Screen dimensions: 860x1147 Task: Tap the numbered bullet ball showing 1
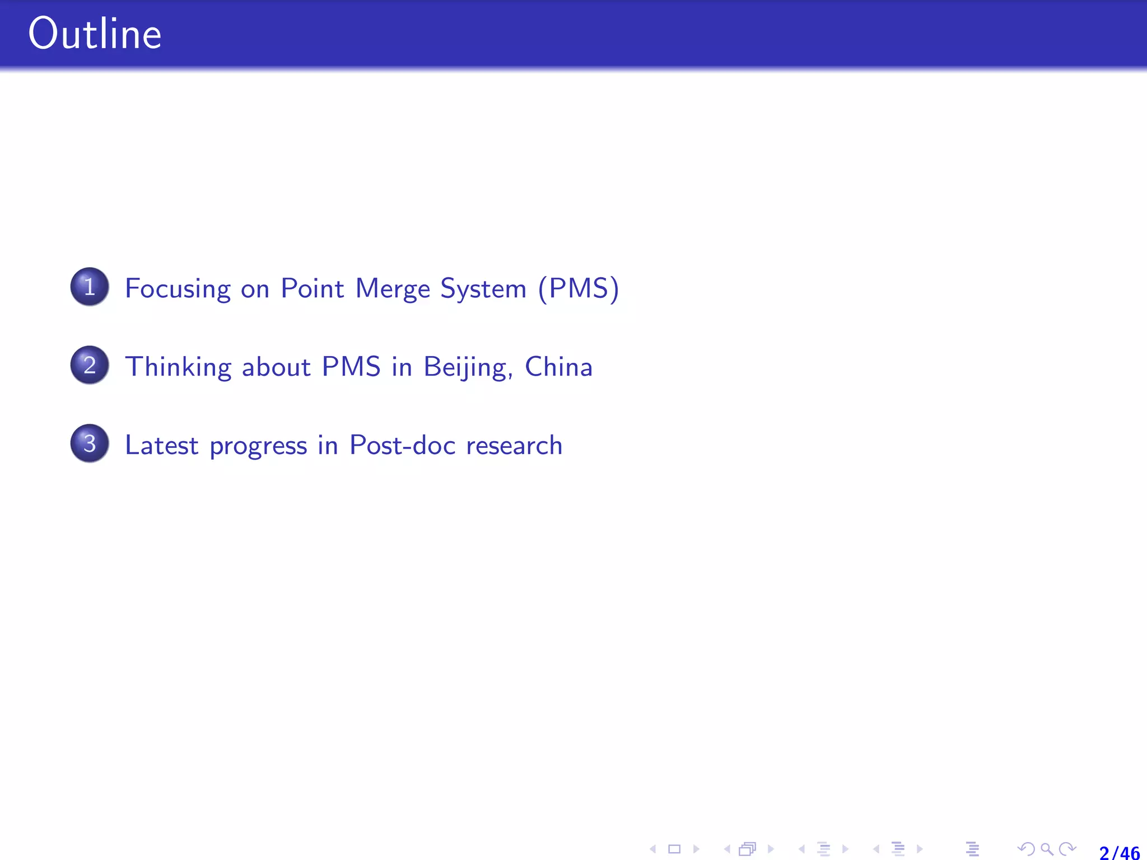(90, 287)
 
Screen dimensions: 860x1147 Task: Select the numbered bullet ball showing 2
(90, 365)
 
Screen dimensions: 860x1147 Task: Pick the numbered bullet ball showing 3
(90, 443)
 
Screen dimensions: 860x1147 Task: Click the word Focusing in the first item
(178, 289)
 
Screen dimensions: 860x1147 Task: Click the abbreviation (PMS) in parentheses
(578, 289)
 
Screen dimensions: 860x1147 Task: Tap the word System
(483, 289)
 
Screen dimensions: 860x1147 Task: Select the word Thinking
(178, 367)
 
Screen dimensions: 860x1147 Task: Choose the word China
(558, 367)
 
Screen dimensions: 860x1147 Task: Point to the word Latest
(161, 446)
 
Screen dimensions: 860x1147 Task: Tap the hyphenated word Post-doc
(402, 446)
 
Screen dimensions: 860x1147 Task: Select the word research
(514, 446)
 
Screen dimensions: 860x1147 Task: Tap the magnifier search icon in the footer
(1046, 849)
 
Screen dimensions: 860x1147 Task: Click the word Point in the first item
(312, 289)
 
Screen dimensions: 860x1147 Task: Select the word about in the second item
(276, 367)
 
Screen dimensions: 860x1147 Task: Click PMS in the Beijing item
(351, 367)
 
